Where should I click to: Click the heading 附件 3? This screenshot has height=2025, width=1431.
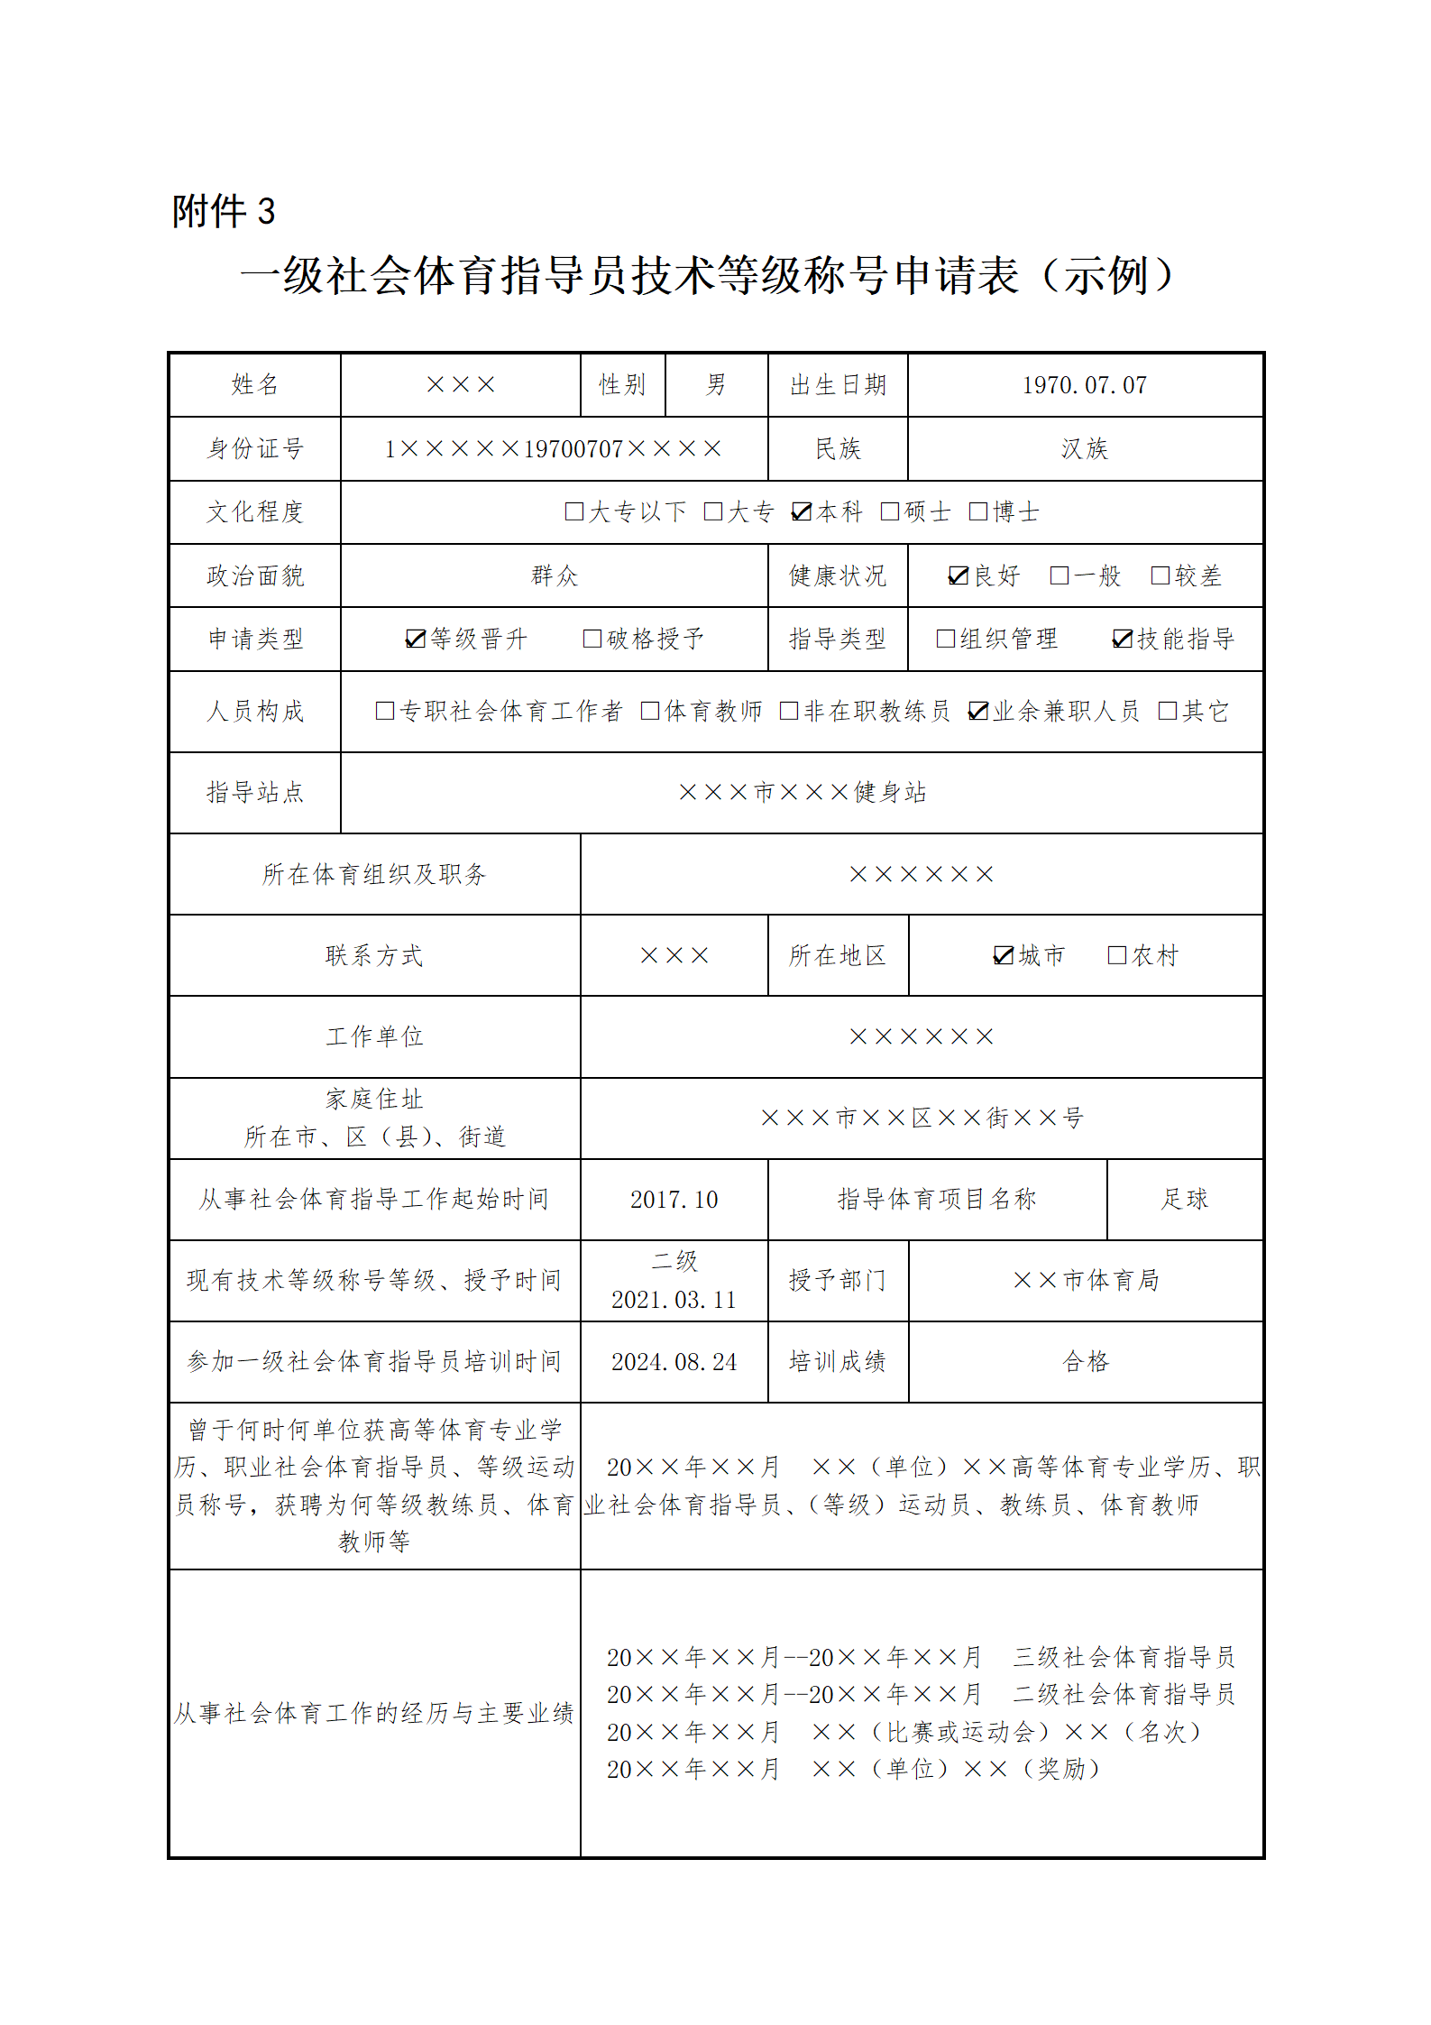click(x=223, y=212)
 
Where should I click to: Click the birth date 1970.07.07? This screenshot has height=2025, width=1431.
click(x=1084, y=386)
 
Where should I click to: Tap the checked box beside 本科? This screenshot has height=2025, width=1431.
click(x=801, y=512)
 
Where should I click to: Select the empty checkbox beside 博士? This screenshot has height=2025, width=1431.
click(x=977, y=512)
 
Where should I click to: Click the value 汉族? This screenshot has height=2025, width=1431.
click(x=1084, y=449)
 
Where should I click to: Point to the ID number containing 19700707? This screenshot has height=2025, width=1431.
click(x=553, y=449)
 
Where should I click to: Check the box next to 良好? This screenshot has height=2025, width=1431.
click(x=958, y=575)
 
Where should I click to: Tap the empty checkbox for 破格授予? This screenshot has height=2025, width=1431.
click(x=592, y=639)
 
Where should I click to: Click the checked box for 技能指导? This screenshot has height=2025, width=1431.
click(x=1122, y=639)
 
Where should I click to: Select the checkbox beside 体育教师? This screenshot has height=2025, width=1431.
click(x=649, y=711)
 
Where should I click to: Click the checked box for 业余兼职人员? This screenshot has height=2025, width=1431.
click(x=977, y=711)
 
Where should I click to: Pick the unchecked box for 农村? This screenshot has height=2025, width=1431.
click(x=1116, y=955)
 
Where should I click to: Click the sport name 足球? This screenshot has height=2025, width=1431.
click(x=1184, y=1199)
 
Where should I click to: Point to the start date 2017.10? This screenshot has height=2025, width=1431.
click(x=674, y=1200)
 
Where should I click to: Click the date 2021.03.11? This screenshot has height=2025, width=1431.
click(x=674, y=1300)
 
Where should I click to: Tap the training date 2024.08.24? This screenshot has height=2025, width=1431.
click(x=674, y=1362)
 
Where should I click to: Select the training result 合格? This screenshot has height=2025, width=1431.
click(x=1085, y=1361)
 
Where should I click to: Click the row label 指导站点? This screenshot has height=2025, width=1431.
click(x=255, y=792)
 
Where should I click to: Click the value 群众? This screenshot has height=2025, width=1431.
click(x=554, y=575)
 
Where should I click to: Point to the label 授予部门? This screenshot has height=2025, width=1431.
click(x=837, y=1280)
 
